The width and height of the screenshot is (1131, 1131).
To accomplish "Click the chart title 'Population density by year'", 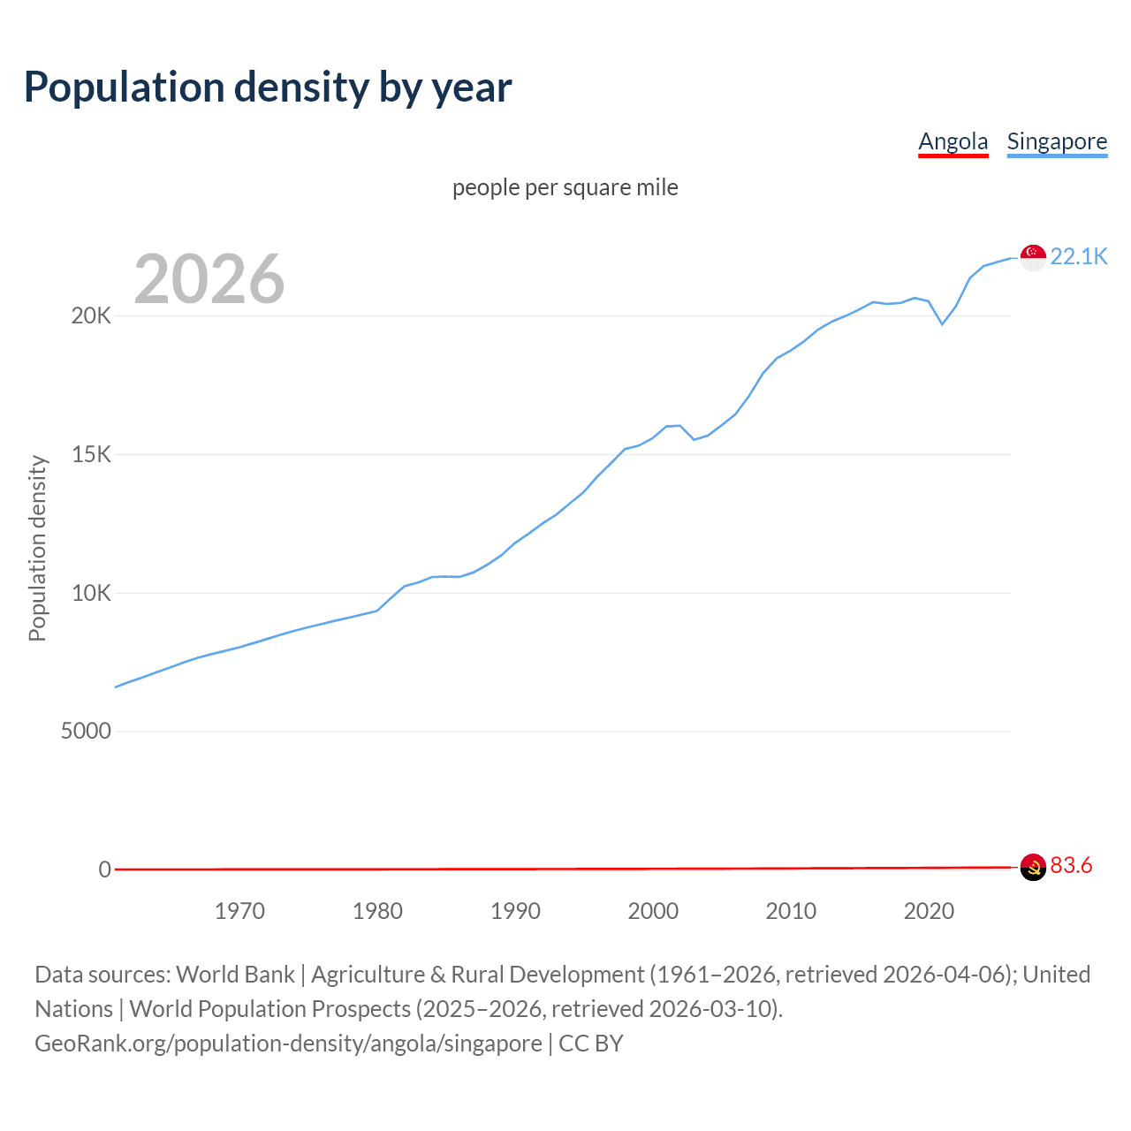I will [268, 87].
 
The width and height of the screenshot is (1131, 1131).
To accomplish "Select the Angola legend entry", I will [953, 141].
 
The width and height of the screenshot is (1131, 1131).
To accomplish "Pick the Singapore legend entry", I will [1057, 141].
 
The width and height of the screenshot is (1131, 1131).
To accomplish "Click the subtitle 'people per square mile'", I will [565, 187].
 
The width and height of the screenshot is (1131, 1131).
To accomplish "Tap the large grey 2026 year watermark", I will [209, 279].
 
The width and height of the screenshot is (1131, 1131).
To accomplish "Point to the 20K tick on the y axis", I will [91, 316].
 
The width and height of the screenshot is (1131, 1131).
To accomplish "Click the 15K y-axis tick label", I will [91, 455].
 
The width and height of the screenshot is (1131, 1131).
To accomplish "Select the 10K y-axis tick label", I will [91, 593].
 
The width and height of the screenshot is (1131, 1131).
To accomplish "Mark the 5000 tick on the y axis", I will [86, 732].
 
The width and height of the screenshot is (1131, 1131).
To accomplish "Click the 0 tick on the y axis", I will [105, 870].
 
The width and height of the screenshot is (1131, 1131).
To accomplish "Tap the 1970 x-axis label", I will [239, 911].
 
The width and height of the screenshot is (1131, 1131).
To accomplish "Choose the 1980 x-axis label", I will [377, 911].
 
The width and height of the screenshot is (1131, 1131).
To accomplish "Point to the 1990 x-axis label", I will [515, 911].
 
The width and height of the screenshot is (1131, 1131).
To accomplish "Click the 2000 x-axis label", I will [653, 911].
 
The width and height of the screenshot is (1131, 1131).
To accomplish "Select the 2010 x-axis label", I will [791, 911].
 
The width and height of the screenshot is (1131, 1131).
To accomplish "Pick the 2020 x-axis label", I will [929, 911].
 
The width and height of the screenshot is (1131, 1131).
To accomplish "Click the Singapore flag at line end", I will [1033, 257].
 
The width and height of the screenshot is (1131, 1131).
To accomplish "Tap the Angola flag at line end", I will [1033, 867].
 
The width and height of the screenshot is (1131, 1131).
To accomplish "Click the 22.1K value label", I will [1079, 256].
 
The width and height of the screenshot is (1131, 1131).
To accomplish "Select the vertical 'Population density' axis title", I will [37, 548].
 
